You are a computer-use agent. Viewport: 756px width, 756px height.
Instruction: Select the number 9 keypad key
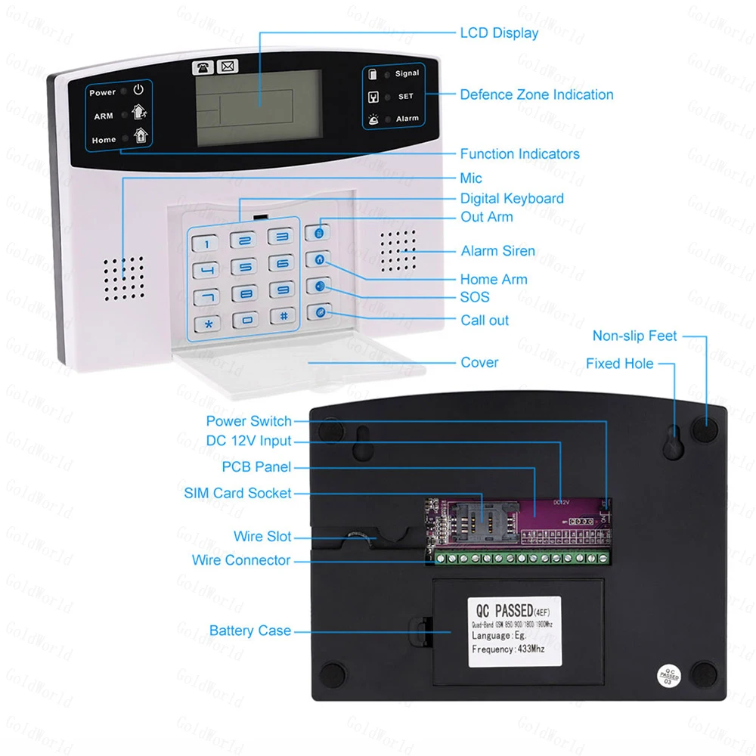(281, 290)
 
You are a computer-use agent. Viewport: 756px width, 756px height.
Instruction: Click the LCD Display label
(499, 33)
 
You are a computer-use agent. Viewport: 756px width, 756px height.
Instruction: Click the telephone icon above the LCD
(202, 67)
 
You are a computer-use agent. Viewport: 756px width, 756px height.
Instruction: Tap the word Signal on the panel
(407, 73)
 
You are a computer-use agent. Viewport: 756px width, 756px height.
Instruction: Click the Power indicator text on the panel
(103, 92)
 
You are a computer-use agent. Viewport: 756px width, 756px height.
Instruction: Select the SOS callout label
(475, 297)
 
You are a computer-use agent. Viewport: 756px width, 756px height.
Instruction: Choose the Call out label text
(485, 321)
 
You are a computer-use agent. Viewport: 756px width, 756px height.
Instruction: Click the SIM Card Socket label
(237, 493)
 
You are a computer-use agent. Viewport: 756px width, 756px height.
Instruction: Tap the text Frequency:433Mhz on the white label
(509, 649)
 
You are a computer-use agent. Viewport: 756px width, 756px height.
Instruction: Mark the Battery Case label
(250, 631)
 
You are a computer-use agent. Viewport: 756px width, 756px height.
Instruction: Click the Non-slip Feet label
(634, 336)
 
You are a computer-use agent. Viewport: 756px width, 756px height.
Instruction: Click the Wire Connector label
(241, 560)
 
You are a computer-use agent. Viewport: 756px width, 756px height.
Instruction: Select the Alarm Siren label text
(497, 251)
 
